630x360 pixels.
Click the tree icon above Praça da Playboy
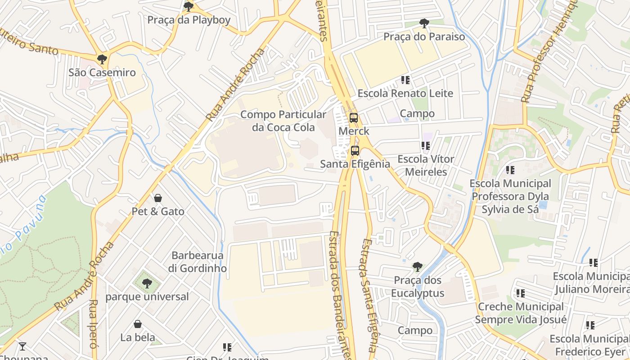tap(189, 6)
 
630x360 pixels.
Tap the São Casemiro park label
tap(102, 72)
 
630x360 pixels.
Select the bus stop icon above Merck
tap(354, 118)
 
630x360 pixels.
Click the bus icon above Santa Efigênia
tap(355, 150)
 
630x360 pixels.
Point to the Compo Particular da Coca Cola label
tap(283, 121)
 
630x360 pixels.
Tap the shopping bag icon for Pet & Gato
tap(158, 198)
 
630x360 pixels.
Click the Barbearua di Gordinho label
tap(198, 262)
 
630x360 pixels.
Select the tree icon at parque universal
tap(147, 283)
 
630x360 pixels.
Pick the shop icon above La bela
tap(138, 324)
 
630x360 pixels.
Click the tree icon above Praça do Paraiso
tap(423, 23)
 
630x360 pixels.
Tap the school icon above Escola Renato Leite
tap(405, 80)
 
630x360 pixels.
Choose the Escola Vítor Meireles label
tap(426, 165)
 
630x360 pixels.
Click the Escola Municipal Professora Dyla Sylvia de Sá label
tap(510, 196)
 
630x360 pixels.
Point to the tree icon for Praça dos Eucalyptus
tap(417, 267)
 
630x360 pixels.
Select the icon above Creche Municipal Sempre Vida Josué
tap(520, 293)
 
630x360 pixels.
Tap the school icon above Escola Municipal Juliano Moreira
tap(593, 263)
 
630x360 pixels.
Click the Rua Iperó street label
tap(93, 324)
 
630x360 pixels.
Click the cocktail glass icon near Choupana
tap(22, 346)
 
